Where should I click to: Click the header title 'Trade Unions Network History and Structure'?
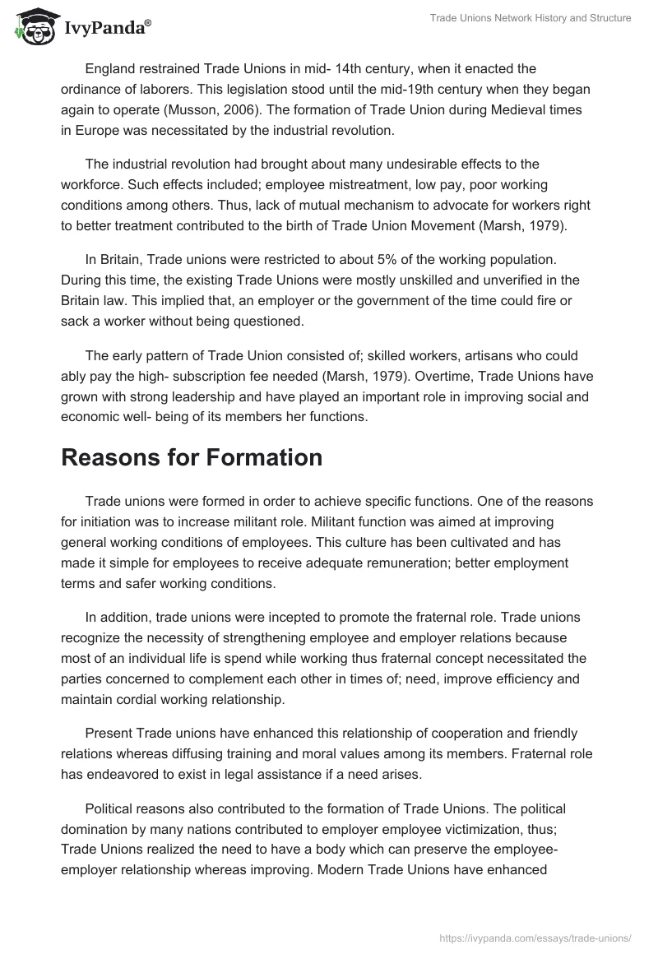click(x=531, y=18)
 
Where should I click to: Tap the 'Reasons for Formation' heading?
click(x=192, y=458)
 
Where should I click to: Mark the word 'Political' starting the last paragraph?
click(x=110, y=809)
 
